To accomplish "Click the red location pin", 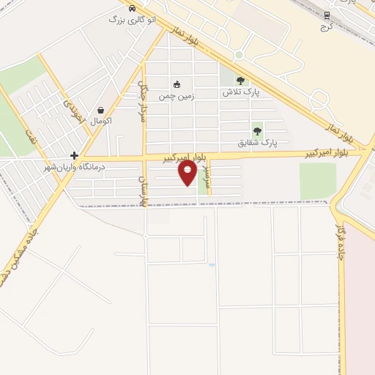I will (187, 173).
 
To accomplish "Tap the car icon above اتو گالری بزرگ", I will (131, 9).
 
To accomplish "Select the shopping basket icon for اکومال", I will (100, 110).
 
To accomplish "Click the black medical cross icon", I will (74, 155).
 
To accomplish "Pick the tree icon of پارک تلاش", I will (241, 81).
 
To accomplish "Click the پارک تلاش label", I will (242, 93).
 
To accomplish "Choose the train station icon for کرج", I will (327, 15).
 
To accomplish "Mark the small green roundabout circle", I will (239, 56).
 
